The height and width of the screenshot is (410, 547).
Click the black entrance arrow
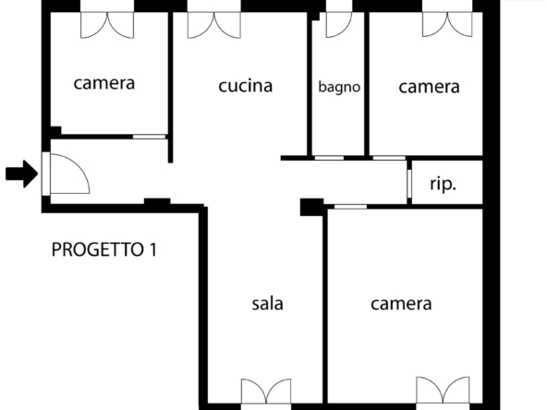click(x=21, y=174)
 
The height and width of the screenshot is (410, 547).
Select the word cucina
click(x=245, y=86)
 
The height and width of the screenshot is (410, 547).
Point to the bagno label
click(x=339, y=88)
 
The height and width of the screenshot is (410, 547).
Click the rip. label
click(x=443, y=184)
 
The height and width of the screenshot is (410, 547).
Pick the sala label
click(x=267, y=303)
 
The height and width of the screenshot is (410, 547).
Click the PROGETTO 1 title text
click(x=104, y=249)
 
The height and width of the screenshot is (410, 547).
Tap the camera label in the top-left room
click(x=104, y=83)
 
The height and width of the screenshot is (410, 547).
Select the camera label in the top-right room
click(x=429, y=87)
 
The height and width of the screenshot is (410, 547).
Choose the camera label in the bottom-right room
click(x=401, y=304)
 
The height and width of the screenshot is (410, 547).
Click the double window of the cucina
click(x=213, y=24)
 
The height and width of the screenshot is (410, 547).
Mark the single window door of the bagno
click(x=339, y=24)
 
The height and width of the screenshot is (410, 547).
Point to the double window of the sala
click(x=266, y=392)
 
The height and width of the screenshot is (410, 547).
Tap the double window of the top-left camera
click(x=107, y=24)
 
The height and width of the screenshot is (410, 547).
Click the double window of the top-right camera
click(x=447, y=24)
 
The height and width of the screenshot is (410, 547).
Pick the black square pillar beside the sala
click(x=312, y=207)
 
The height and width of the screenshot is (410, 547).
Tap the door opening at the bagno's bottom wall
click(x=329, y=158)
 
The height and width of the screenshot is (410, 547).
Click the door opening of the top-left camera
click(x=150, y=137)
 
